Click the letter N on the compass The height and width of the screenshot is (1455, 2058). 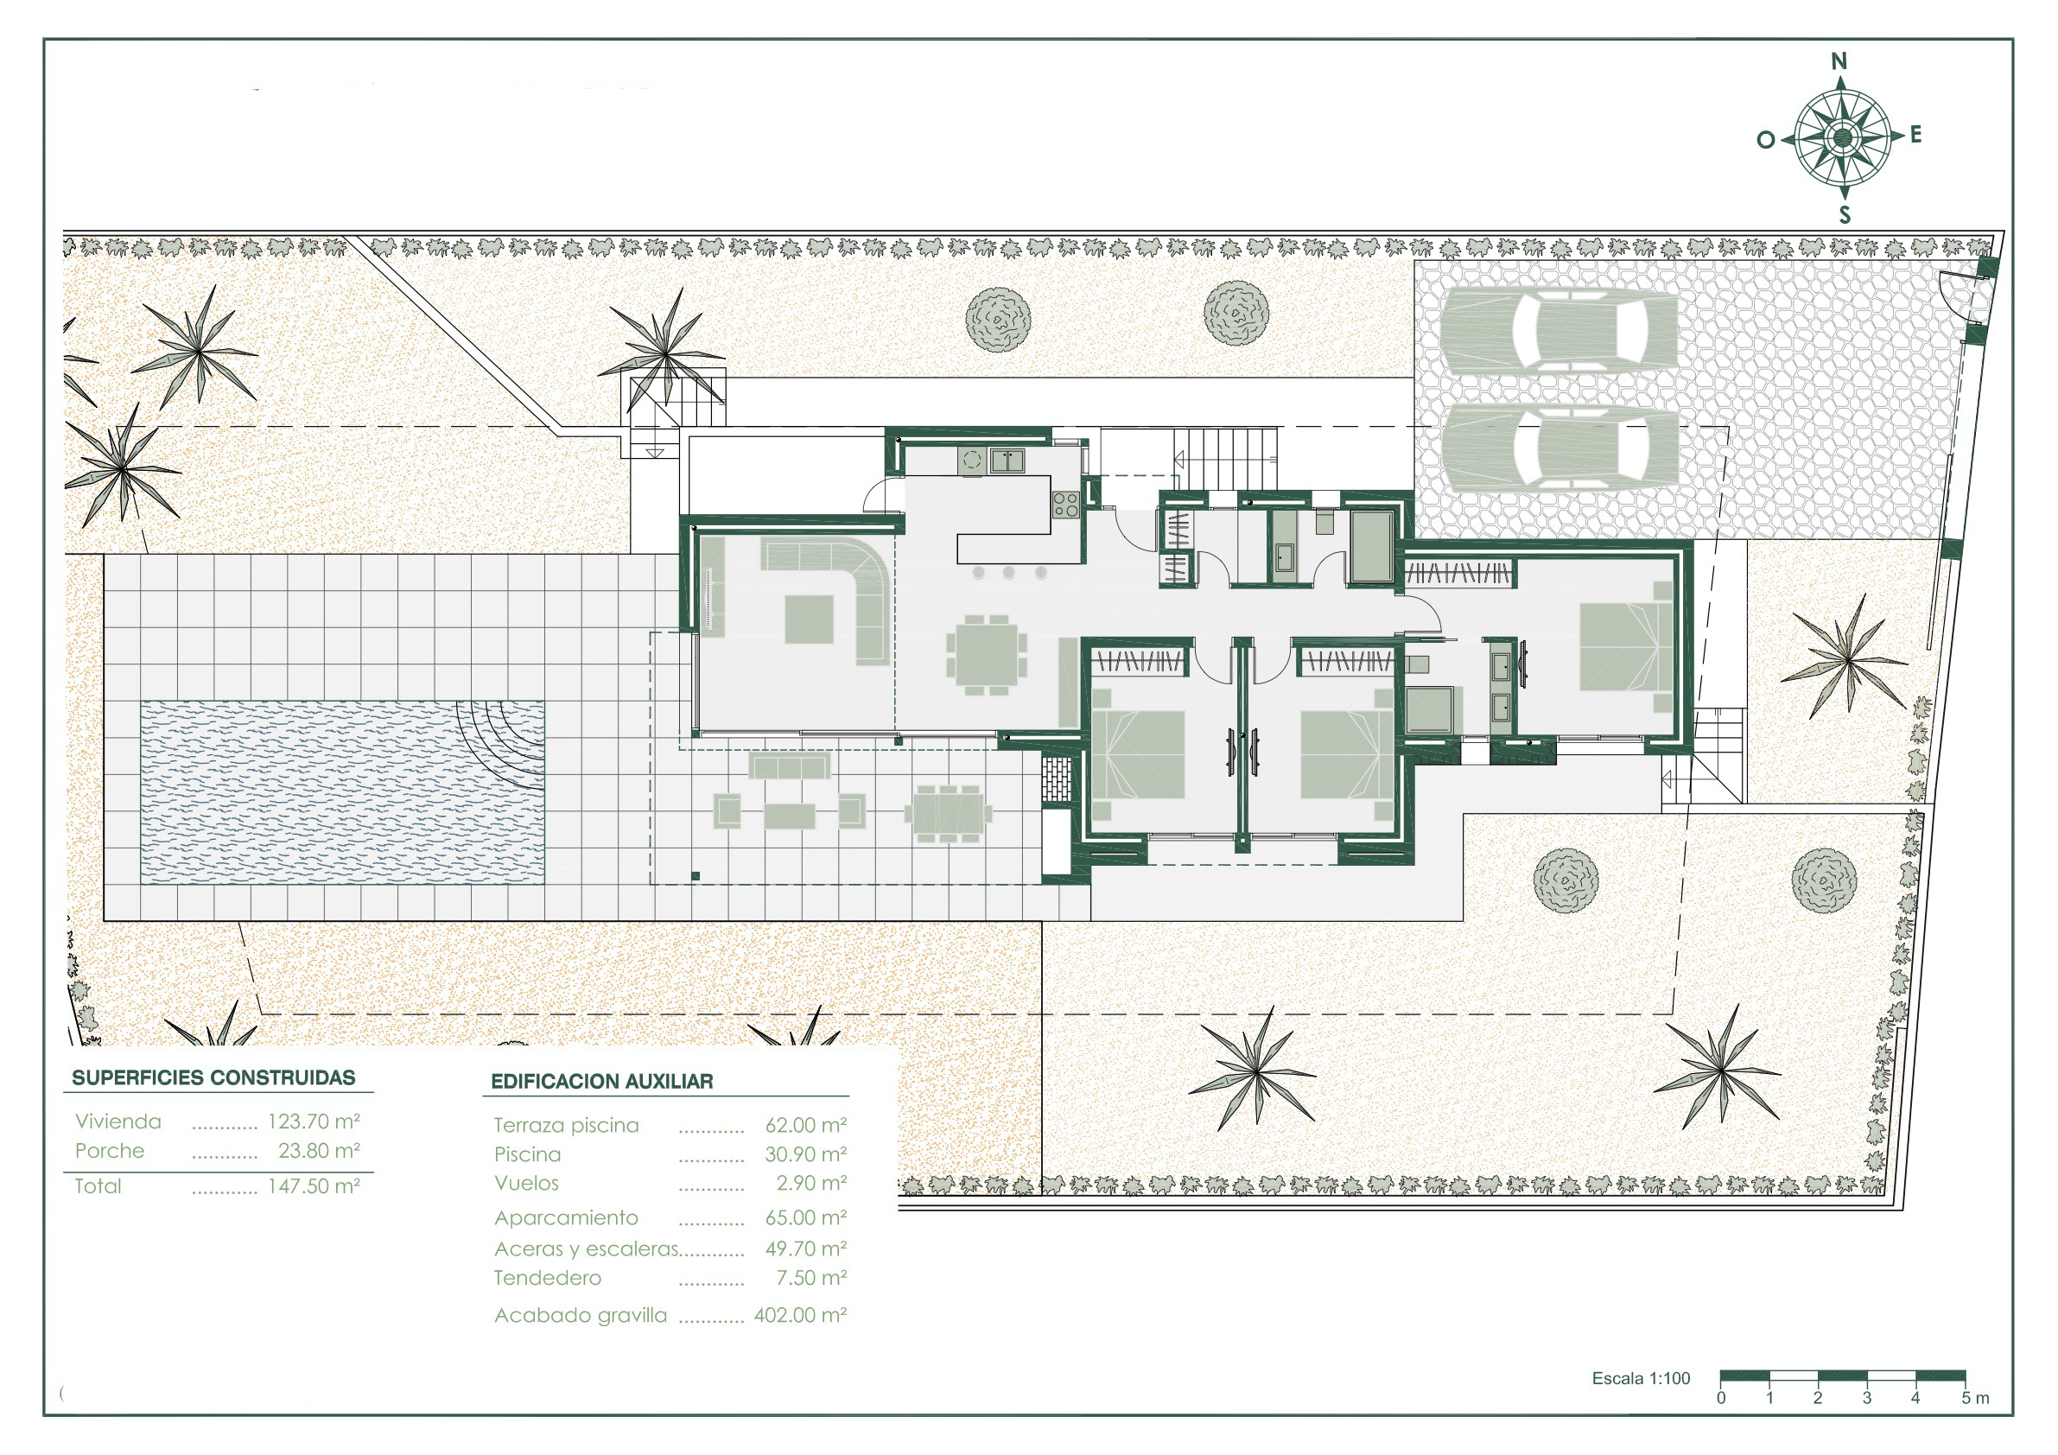coord(1839,61)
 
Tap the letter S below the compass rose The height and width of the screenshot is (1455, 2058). coord(1845,215)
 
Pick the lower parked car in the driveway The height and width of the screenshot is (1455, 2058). coord(1559,447)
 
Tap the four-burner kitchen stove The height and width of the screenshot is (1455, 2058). coord(1066,504)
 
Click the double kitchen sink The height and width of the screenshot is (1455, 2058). coord(1007,461)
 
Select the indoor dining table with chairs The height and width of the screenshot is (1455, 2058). coord(986,654)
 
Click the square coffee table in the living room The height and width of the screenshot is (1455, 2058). coord(810,619)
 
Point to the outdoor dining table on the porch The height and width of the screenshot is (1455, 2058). coord(948,814)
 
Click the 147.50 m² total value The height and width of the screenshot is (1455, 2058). coord(314,1186)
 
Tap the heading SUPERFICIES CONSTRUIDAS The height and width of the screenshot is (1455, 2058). coord(213,1077)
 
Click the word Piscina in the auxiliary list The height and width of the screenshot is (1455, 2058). coord(527,1154)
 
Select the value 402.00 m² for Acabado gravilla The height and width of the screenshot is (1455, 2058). coord(799,1315)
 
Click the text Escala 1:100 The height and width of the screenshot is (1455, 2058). coord(1642,1379)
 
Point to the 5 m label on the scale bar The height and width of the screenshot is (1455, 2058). coord(1975,1399)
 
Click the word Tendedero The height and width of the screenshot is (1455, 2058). coord(548,1278)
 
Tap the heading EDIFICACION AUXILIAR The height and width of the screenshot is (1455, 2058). coord(602,1081)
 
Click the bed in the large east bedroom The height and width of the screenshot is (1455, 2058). coord(1625,646)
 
